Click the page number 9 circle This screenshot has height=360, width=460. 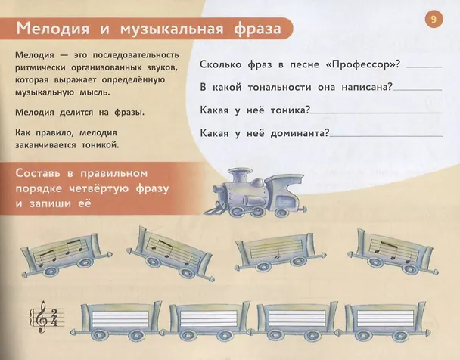pos(434,20)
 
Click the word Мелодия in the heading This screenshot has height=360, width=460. pos(53,29)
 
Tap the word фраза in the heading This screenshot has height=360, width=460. pos(257,29)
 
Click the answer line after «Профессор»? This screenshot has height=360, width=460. pos(424,67)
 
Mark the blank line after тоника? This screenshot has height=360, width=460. pos(376,113)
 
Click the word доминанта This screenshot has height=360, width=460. pos(300,133)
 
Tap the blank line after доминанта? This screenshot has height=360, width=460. pos(386,135)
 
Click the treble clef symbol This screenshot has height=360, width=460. pos(42,317)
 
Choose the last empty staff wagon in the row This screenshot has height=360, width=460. pos(384,321)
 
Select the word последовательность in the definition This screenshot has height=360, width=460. pos(136,55)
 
